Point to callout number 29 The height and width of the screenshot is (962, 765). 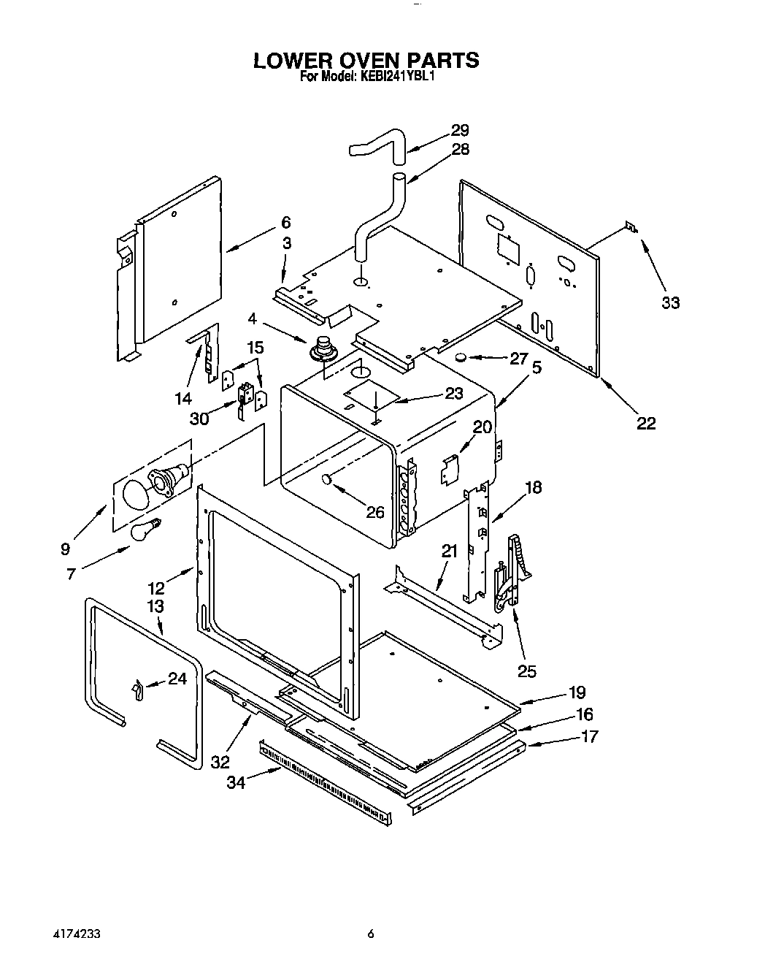pos(459,131)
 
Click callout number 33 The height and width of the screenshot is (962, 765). pos(670,302)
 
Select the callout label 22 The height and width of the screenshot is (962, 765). pos(646,423)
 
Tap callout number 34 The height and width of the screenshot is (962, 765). pos(236,782)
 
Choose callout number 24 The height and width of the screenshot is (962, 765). pos(177,679)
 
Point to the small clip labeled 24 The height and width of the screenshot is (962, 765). pos(136,688)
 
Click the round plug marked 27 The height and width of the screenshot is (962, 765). pos(461,357)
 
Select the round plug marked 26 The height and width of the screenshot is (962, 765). pos(326,478)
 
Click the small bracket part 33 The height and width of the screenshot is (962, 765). pos(629,229)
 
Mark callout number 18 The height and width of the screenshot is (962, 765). pos(534,487)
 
